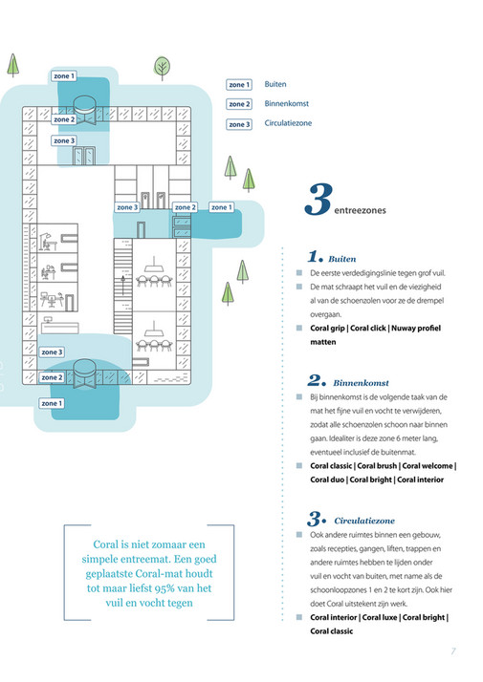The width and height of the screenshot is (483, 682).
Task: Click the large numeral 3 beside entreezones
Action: tap(318, 201)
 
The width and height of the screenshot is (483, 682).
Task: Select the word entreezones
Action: tap(361, 211)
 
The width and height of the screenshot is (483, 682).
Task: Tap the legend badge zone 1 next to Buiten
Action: tap(239, 85)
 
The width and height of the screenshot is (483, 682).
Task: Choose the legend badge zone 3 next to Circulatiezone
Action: tap(239, 124)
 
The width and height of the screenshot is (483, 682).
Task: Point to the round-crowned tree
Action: tap(163, 67)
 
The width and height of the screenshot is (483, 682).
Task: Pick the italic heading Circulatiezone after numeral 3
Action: tap(367, 520)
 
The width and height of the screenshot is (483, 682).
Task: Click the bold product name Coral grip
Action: tap(328, 327)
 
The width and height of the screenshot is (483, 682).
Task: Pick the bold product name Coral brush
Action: tap(378, 465)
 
